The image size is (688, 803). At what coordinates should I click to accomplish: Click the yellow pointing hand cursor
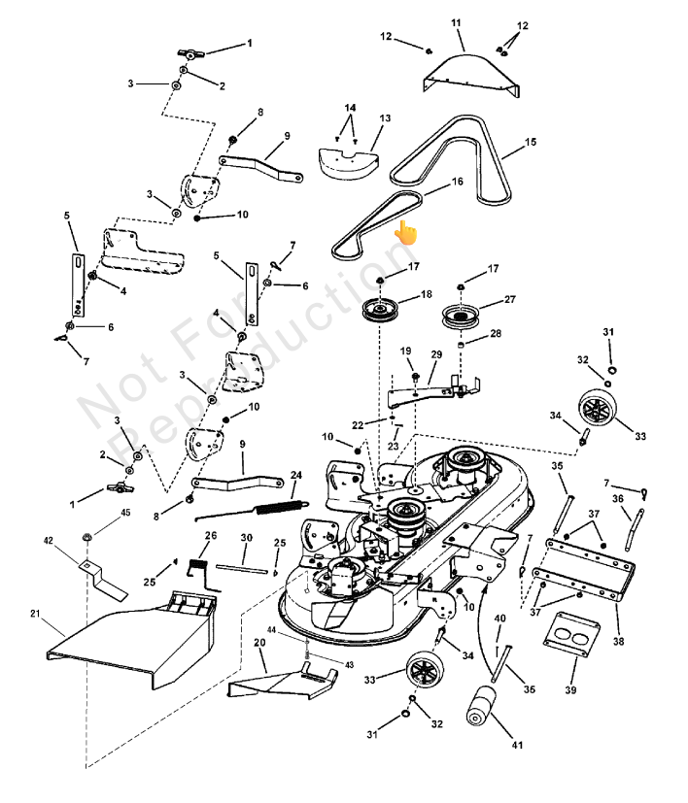[x=405, y=232]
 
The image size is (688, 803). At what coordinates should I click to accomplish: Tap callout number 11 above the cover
[x=457, y=22]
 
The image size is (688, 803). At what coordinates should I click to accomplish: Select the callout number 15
[x=531, y=143]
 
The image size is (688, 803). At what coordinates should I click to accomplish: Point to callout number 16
[x=456, y=183]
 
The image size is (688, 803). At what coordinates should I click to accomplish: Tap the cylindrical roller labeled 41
[x=482, y=704]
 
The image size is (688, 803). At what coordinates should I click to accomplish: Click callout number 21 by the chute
[x=36, y=613]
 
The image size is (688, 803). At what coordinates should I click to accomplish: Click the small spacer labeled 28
[x=464, y=345]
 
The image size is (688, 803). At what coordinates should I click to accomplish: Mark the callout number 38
[x=619, y=640]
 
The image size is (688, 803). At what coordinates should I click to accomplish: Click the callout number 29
[x=436, y=354]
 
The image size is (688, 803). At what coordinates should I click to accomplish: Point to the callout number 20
[x=259, y=642]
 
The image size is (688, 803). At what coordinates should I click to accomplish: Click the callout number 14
[x=350, y=107]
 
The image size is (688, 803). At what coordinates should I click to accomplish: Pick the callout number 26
[x=210, y=536]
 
